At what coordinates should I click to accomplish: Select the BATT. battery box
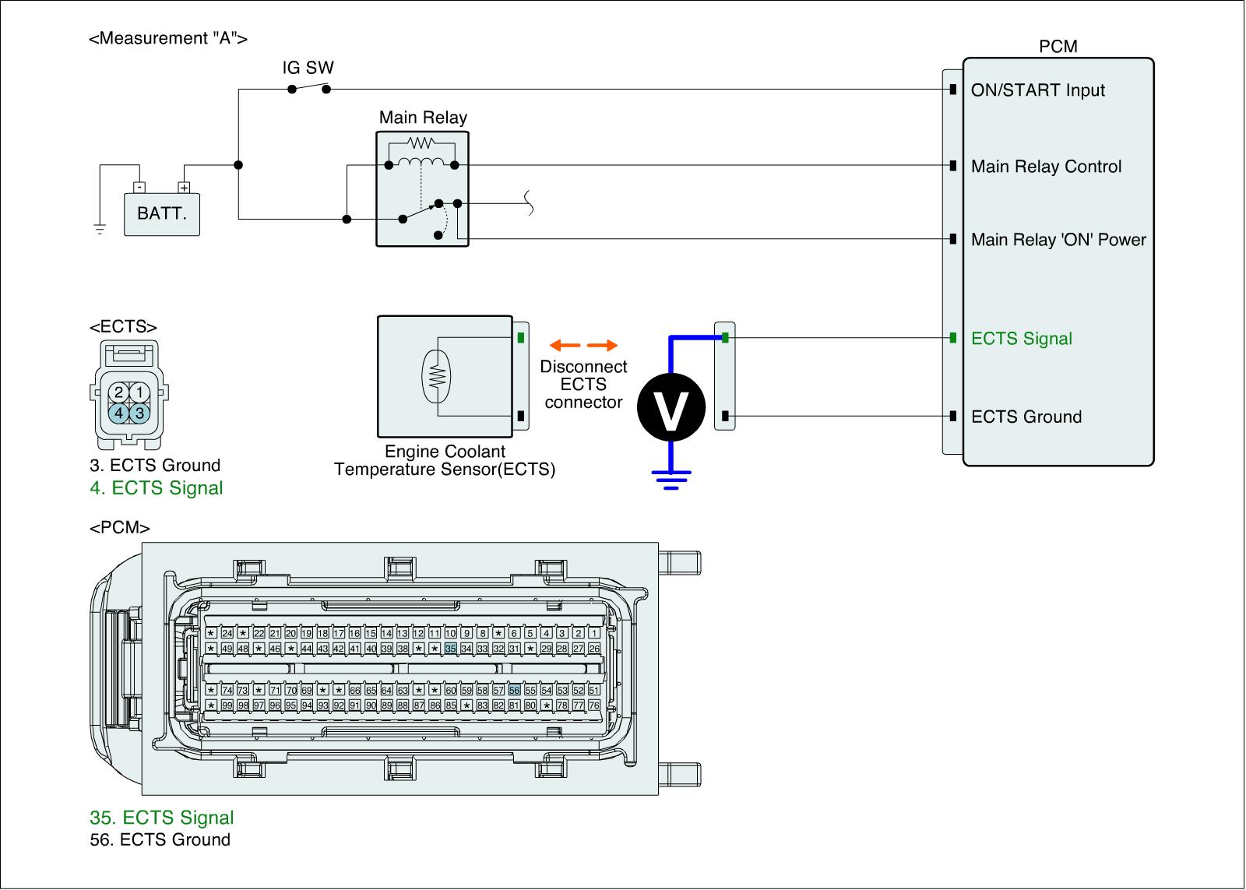tap(162, 213)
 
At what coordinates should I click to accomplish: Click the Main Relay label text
tap(423, 118)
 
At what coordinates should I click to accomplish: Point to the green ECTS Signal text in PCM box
tap(1021, 339)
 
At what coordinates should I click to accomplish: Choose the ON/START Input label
tap(1037, 90)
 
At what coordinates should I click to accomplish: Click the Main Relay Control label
tap(1046, 167)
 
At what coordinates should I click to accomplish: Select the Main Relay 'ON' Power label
tap(1058, 240)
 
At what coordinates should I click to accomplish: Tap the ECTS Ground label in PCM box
tap(1026, 417)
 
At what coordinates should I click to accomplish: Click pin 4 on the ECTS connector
tap(118, 413)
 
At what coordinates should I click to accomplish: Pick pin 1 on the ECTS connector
tap(139, 392)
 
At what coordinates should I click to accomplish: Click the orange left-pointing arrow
tap(564, 345)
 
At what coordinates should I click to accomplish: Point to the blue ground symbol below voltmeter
tap(671, 477)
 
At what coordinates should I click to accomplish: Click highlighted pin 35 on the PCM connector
tap(450, 649)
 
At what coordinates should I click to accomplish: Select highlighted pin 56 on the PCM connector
tap(514, 690)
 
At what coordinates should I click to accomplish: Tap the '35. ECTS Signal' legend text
tap(161, 818)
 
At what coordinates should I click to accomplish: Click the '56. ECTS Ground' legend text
tap(160, 839)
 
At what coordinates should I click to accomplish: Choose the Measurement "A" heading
tap(168, 39)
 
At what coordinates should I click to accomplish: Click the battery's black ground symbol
tap(100, 228)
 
